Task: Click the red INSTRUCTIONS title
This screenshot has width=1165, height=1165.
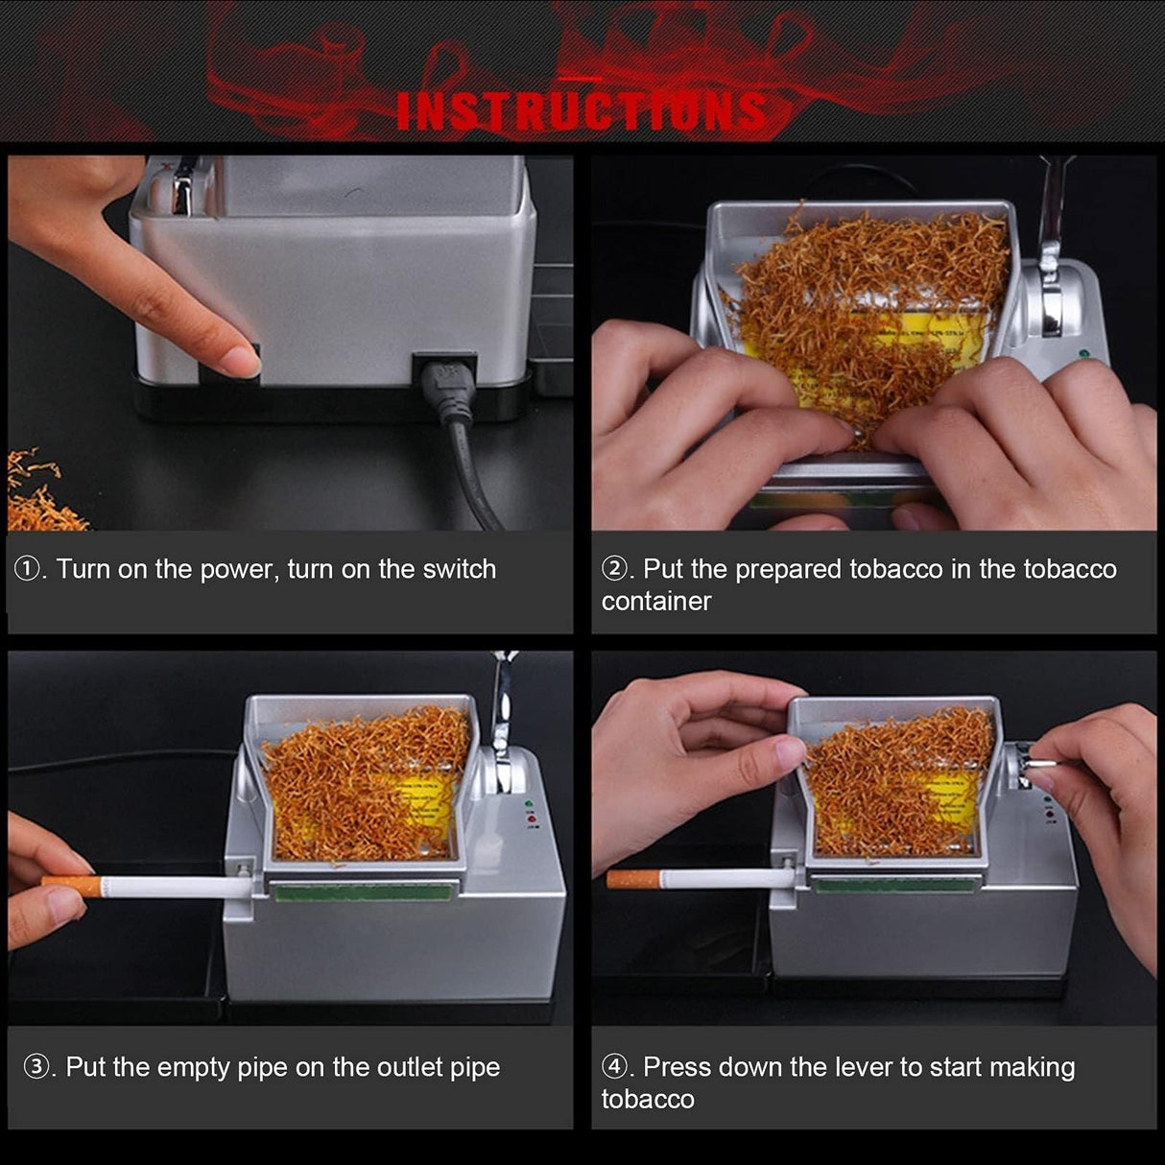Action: click(582, 110)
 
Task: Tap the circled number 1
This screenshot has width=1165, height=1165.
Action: click(26, 569)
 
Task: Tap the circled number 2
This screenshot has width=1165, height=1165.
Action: click(614, 569)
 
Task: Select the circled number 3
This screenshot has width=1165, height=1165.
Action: click(36, 1067)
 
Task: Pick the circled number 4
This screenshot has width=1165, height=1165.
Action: click(614, 1067)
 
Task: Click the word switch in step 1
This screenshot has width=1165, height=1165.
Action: click(460, 569)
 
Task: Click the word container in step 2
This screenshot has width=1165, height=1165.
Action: click(656, 602)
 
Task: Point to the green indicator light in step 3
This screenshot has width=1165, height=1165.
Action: click(527, 801)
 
